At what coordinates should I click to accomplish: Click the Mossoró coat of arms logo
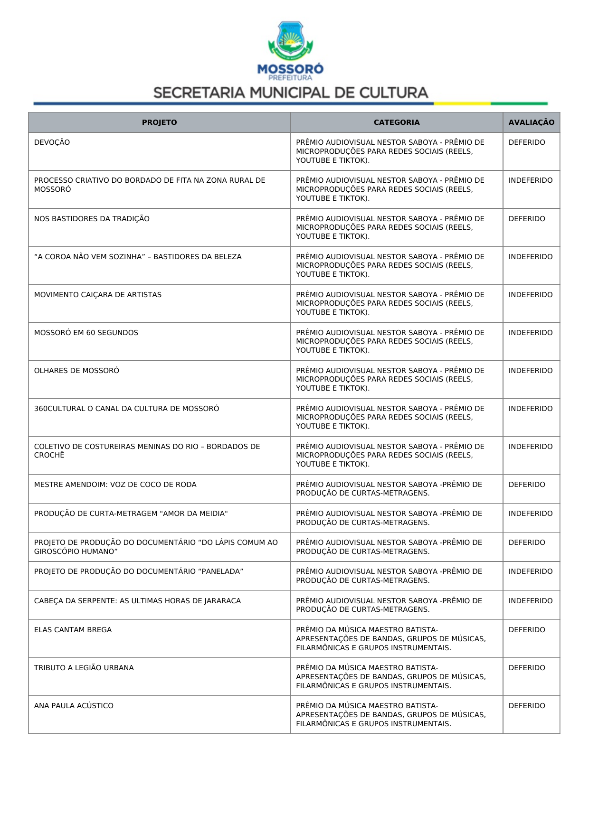[x=290, y=40]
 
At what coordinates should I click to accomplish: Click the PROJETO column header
[x=159, y=122]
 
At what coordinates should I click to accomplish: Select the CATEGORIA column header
[x=396, y=122]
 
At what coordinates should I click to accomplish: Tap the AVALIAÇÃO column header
[x=531, y=122]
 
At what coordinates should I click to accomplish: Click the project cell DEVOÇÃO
[x=52, y=142]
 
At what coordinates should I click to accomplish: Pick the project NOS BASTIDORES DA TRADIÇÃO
[x=92, y=219]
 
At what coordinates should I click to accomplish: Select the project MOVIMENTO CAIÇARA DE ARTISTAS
[x=98, y=295]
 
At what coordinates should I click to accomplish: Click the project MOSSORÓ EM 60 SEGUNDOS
[x=86, y=333]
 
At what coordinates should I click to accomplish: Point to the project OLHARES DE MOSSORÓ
[x=76, y=371]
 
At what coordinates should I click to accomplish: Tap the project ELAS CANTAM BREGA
[x=73, y=630]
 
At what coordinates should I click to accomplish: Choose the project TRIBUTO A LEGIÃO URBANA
[x=84, y=668]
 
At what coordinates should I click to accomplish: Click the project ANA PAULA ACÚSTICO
[x=74, y=706]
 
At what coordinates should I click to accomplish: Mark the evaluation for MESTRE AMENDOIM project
[x=527, y=485]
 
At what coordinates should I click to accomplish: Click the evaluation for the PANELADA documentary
[x=531, y=571]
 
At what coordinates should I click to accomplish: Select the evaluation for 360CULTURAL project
[x=531, y=409]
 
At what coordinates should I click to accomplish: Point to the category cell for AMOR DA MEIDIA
[x=389, y=518]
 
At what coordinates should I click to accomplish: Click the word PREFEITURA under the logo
[x=290, y=78]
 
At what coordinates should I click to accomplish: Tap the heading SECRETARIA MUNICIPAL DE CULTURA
[x=291, y=93]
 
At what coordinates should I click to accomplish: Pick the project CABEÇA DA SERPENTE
[x=137, y=601]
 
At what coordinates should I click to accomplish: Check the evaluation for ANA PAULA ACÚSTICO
[x=527, y=706]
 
